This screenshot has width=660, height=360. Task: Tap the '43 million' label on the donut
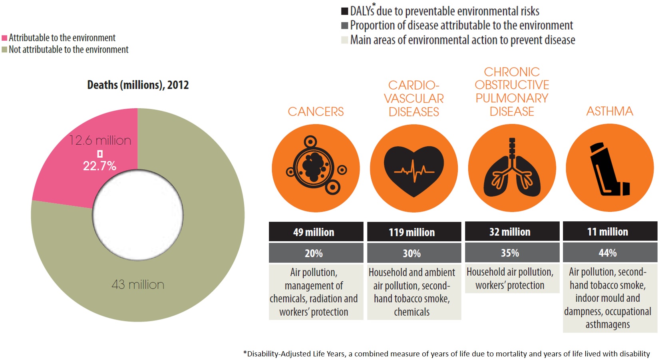point(138,284)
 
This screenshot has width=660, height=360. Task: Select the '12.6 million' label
point(100,141)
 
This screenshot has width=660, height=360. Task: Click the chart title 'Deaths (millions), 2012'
point(138,85)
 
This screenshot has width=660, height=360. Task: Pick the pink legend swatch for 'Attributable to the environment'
point(4,38)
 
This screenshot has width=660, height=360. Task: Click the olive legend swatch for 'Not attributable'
point(4,50)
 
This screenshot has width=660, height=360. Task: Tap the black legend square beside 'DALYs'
point(345,11)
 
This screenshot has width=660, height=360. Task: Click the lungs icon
point(512,167)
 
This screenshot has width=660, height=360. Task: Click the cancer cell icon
point(316,167)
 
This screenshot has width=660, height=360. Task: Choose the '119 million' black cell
point(414,232)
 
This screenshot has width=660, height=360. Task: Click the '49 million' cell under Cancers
point(316,232)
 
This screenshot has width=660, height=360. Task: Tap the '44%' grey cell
point(610,253)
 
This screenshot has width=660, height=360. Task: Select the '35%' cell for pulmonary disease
point(512,253)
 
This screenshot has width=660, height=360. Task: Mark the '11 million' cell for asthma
point(610,232)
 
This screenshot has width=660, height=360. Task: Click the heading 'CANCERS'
point(316,111)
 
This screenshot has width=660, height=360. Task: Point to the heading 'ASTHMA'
point(610,111)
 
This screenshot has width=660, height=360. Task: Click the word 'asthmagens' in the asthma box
point(608,325)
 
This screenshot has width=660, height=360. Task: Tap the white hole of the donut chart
point(138,215)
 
